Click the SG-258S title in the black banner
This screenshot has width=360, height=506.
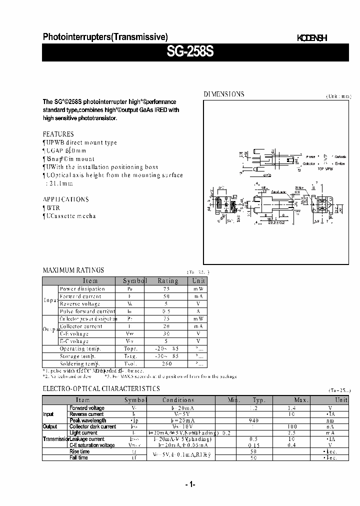point(195,52)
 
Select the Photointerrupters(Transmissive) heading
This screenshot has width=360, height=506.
point(105,36)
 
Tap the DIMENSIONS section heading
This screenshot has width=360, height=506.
point(223,94)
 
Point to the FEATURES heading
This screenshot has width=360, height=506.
point(58,134)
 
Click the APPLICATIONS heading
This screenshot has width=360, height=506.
point(65,199)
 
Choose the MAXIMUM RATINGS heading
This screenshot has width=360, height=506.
point(73,270)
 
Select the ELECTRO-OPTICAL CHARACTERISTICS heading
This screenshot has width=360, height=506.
point(101,388)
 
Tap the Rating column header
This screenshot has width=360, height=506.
point(167,281)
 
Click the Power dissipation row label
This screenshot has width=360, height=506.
point(82,288)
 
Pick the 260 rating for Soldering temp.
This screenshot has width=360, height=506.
point(167,363)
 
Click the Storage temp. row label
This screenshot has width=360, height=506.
point(80,356)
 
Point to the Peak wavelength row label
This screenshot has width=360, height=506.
point(87,420)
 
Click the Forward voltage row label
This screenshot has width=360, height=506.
point(86,408)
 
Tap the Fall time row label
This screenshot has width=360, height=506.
point(79,457)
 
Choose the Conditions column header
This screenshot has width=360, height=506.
point(178,400)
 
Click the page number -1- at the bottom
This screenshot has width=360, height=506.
point(189,484)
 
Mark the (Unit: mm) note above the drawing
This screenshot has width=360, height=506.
point(338,96)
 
